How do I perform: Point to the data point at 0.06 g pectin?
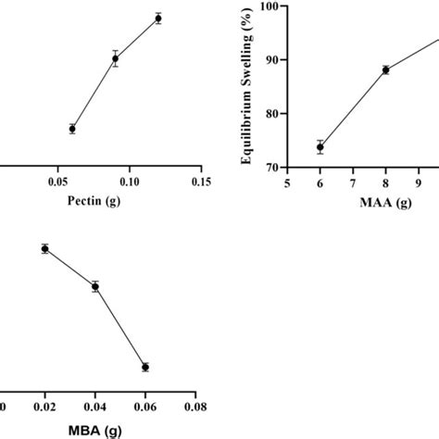click(x=72, y=129)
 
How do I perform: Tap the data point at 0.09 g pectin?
click(x=116, y=58)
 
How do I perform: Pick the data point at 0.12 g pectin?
click(x=158, y=19)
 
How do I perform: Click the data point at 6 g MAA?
click(x=320, y=147)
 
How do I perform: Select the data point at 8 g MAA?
click(x=385, y=69)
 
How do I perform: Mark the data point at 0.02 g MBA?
click(x=44, y=248)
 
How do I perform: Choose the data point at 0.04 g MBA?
click(x=94, y=286)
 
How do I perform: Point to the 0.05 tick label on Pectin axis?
click(x=57, y=182)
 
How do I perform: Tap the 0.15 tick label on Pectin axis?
click(x=201, y=182)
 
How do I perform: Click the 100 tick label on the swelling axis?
click(x=270, y=6)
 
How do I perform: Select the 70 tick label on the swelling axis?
click(x=273, y=168)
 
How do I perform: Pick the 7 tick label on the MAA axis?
click(x=353, y=183)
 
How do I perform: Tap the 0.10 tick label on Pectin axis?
click(x=129, y=182)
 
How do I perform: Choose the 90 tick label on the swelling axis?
click(x=273, y=59)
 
